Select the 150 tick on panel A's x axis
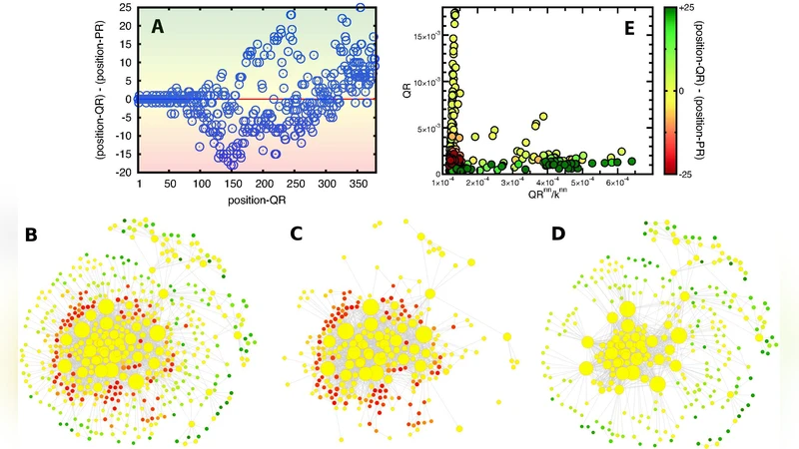point(148,185)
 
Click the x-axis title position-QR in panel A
point(259,199)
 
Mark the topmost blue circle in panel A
point(361,8)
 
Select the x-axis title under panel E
point(539,196)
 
